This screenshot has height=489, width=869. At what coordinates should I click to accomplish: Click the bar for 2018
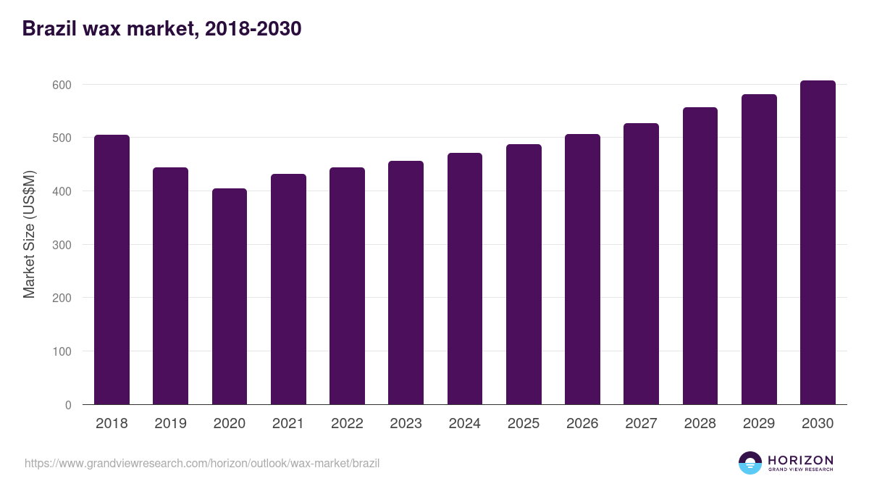pos(112,269)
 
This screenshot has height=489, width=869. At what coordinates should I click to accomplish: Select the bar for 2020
pos(230,296)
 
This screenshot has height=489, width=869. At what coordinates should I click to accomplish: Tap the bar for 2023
pos(406,283)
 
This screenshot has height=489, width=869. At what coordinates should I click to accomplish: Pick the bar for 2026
pos(582,269)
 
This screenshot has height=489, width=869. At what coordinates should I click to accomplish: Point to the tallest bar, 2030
pos(818,243)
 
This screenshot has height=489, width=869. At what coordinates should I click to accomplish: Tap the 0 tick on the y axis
pos(68,405)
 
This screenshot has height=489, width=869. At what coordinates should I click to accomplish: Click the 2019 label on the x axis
pos(170,424)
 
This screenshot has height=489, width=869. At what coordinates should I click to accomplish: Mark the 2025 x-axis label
pos(524,424)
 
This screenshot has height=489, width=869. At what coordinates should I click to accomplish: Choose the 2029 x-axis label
pos(759,424)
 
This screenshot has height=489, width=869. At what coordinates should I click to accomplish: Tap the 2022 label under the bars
pos(347,424)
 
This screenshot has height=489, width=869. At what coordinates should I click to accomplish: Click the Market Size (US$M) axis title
pos(29,234)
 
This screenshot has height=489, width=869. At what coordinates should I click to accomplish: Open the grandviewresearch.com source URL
pos(202,463)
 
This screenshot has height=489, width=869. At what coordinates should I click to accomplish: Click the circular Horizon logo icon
pos(750,463)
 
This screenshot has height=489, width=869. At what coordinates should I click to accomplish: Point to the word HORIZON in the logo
pos(800,459)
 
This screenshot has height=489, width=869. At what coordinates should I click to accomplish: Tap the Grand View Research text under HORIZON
pos(800,469)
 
